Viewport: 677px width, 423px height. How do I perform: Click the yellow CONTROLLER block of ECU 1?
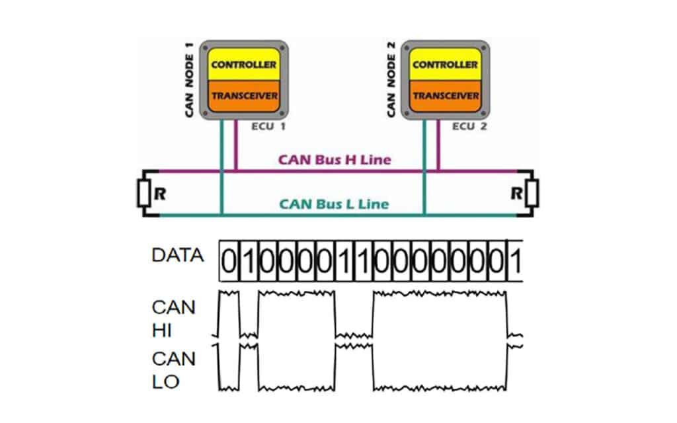pos(244,65)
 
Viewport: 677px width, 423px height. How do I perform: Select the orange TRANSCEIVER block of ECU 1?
pos(244,95)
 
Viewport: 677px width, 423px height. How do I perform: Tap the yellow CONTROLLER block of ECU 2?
pos(445,65)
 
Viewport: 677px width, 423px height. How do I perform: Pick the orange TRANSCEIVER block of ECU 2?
pos(445,95)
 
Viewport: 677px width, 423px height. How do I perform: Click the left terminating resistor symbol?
pos(143,193)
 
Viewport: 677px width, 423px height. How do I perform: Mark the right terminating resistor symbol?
pos(532,194)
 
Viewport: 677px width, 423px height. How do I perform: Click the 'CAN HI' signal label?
pos(173,319)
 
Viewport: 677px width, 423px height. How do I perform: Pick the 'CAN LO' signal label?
pos(173,370)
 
